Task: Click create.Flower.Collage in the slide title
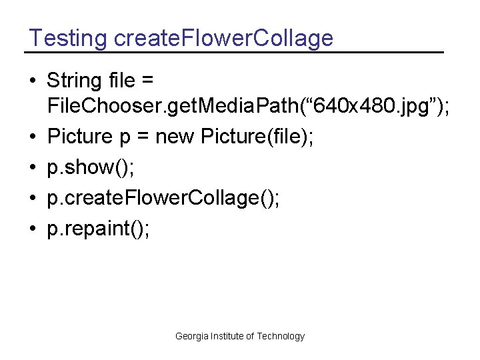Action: pyautogui.click(x=224, y=38)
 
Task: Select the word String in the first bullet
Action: pyautogui.click(x=73, y=81)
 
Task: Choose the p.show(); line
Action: pyautogui.click(x=89, y=167)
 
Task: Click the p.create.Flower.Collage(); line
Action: pyautogui.click(x=163, y=198)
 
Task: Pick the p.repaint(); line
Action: pyautogui.click(x=99, y=229)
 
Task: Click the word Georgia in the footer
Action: pyautogui.click(x=191, y=336)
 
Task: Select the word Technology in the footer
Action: pyautogui.click(x=281, y=336)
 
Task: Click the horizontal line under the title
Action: pyautogui.click(x=233, y=52)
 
